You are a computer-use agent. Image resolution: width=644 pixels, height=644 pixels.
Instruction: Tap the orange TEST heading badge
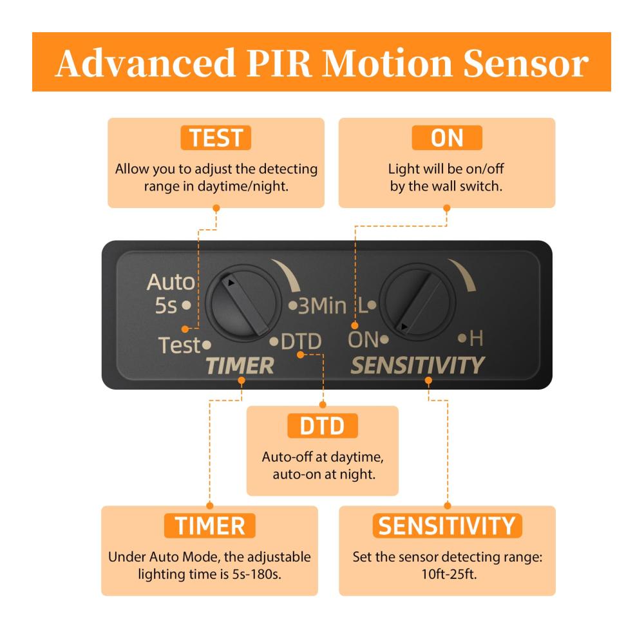[216, 138]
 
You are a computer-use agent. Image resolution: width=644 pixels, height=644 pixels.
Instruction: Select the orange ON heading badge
[447, 138]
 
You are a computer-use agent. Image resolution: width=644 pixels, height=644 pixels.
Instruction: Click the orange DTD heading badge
[323, 426]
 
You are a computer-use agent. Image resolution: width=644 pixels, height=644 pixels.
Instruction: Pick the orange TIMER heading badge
[210, 526]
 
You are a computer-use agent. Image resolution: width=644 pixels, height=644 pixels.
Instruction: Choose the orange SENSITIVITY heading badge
[447, 526]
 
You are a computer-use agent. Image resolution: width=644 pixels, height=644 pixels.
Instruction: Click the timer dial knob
[244, 303]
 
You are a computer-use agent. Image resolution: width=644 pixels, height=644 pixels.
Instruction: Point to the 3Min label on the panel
[323, 306]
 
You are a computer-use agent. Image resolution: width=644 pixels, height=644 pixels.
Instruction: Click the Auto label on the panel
[171, 282]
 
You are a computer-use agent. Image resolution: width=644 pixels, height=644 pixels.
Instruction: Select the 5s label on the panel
[166, 305]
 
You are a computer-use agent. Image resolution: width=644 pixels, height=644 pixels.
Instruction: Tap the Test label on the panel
[180, 345]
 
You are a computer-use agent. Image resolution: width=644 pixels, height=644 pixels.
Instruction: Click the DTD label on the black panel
[301, 341]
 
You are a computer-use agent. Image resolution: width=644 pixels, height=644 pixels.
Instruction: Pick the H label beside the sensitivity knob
[476, 339]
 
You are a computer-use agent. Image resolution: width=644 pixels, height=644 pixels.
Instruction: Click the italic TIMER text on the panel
[240, 366]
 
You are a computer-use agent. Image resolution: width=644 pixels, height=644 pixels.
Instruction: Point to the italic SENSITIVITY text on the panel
[418, 365]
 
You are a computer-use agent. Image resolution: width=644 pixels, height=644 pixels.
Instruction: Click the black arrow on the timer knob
[231, 283]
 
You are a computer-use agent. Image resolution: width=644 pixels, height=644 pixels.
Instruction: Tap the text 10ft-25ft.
[450, 574]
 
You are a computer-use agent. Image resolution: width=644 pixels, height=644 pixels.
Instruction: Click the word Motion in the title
[387, 63]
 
